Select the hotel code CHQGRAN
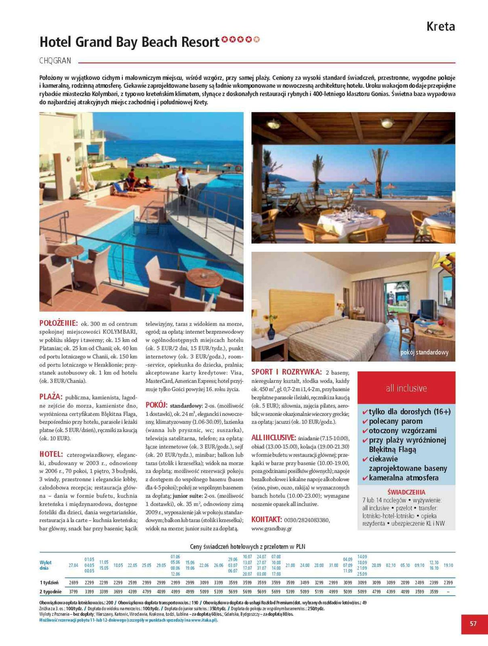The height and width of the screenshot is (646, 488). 55,61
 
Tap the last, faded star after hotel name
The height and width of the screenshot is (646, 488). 256,39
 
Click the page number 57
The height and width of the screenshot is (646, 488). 473,623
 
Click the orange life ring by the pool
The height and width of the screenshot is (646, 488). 238,168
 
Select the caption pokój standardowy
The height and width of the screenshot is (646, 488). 424,352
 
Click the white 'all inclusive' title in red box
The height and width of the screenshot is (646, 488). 406,388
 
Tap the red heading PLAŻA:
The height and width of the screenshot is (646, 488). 51,396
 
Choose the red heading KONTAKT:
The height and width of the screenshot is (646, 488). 266,519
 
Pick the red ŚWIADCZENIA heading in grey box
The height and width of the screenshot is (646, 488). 406,492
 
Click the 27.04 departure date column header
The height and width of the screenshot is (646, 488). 74,565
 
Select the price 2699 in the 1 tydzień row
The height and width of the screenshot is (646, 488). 74,583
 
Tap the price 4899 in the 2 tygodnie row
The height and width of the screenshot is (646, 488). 161,591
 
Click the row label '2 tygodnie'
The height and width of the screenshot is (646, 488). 50,591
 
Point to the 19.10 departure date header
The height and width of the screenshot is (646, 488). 448,565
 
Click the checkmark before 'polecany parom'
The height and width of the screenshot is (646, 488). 365,422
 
